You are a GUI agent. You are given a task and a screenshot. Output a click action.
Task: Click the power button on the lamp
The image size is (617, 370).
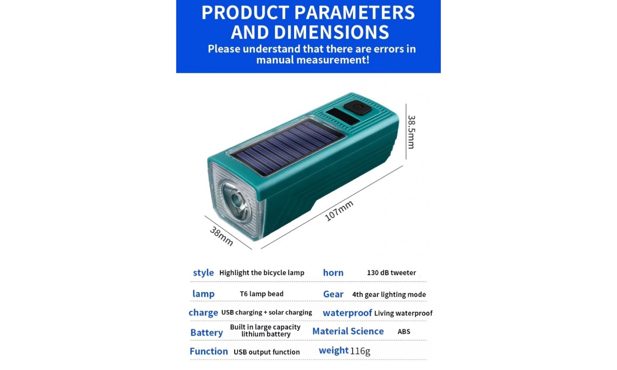point(358,107)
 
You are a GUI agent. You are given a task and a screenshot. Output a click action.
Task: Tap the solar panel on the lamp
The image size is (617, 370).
point(288,147)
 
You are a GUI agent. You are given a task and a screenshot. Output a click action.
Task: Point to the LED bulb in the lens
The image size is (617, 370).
point(237,201)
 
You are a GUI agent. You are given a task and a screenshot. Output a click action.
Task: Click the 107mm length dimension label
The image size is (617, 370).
point(339,210)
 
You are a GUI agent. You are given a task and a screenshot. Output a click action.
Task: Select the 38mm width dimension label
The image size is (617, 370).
point(221,236)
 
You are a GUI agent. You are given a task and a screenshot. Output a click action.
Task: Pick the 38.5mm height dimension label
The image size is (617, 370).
point(411,132)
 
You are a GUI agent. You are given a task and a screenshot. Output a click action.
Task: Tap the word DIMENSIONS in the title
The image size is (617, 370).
point(332,32)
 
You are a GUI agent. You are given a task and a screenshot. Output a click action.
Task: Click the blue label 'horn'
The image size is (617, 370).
point(333,273)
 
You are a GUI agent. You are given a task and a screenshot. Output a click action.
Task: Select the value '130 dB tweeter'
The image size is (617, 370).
point(392,273)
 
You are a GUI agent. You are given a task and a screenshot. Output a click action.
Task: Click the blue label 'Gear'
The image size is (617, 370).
point(333,294)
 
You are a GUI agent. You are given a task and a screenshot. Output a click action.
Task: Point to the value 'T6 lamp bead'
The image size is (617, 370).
point(262,294)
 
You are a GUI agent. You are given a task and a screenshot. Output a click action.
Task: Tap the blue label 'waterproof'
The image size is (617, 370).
point(347,313)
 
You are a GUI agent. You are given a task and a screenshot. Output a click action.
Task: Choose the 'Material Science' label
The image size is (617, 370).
point(348,331)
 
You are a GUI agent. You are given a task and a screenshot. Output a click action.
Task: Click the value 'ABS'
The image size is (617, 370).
point(404,331)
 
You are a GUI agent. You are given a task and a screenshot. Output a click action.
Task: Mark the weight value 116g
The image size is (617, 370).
point(360,351)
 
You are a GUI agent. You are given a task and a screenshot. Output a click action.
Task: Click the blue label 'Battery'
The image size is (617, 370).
point(206,333)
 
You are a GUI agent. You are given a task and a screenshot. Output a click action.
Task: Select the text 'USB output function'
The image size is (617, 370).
point(267,352)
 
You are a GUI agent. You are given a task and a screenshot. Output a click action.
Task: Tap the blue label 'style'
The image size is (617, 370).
point(203,273)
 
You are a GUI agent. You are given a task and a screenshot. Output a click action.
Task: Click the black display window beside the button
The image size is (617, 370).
point(343,117)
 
